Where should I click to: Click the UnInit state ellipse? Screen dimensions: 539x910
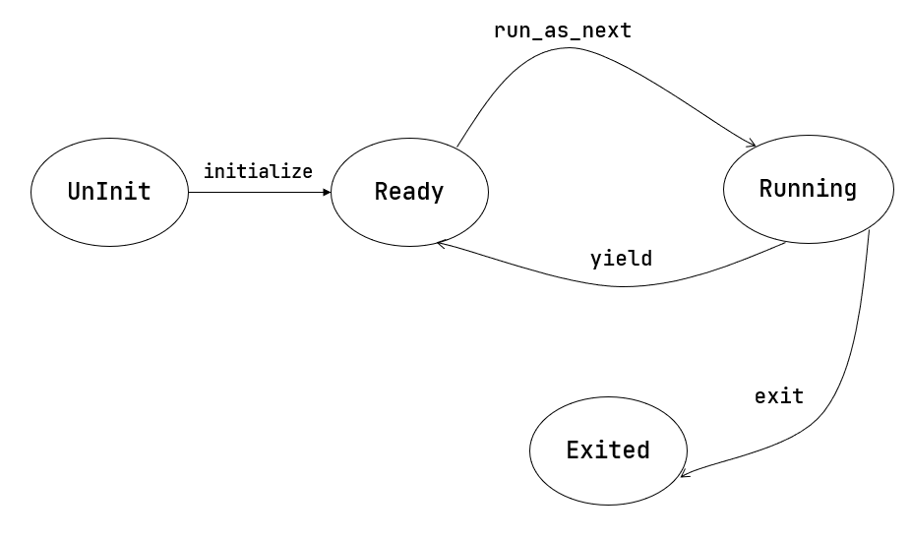(x=109, y=192)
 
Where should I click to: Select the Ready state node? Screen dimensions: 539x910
(x=409, y=192)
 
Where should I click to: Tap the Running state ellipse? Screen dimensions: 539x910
(x=808, y=189)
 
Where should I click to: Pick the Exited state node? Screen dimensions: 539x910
(x=608, y=450)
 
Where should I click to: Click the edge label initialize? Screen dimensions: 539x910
(x=258, y=171)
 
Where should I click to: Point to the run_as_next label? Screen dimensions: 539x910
(x=562, y=30)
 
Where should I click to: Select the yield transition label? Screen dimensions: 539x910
(x=621, y=260)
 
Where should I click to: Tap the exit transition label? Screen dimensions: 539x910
(x=778, y=397)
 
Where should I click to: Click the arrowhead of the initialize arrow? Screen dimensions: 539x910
(x=327, y=192)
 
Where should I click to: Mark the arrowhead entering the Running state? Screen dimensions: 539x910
(x=751, y=146)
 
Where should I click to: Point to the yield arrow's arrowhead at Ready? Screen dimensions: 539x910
(x=442, y=242)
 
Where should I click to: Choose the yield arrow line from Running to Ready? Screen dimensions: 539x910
(x=620, y=286)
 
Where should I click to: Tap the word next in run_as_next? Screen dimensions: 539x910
(x=608, y=30)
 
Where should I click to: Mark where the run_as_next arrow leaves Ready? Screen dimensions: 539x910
(x=456, y=149)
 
